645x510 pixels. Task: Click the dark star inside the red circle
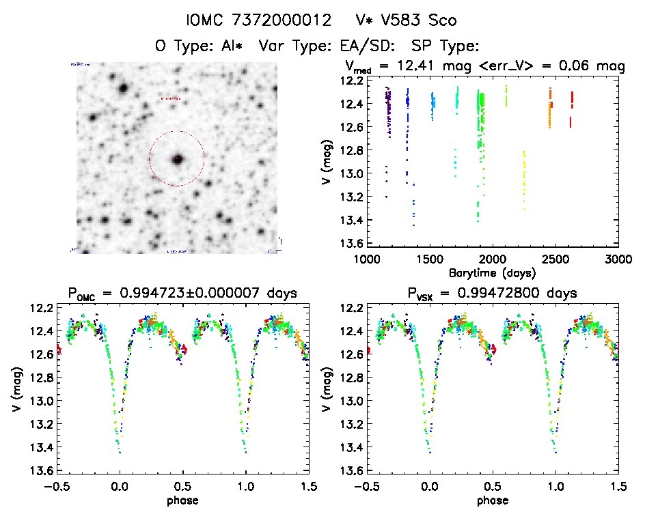[x=177, y=159]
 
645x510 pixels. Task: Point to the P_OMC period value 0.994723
[x=148, y=294]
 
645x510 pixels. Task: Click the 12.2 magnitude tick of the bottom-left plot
[x=44, y=309]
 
